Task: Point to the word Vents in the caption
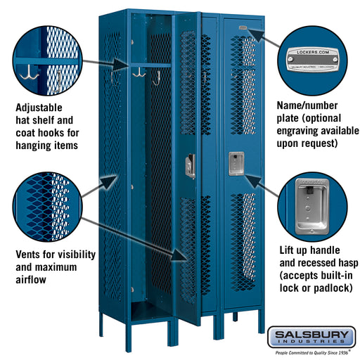click(30, 254)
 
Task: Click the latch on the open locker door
click(190, 166)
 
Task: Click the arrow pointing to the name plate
click(259, 37)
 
